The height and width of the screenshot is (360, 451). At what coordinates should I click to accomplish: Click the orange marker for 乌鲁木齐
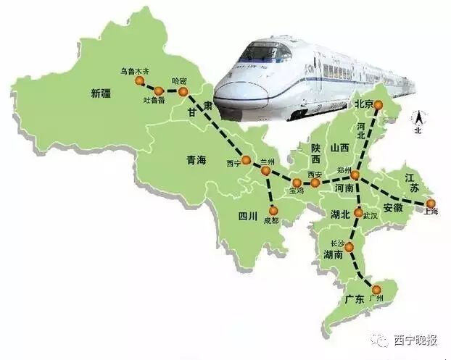[141, 82]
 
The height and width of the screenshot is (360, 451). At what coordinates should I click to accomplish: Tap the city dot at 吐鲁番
[159, 91]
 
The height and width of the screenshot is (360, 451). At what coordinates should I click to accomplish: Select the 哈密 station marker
[183, 93]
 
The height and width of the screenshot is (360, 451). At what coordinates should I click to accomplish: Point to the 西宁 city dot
[246, 160]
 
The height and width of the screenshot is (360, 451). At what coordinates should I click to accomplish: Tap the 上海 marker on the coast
[431, 203]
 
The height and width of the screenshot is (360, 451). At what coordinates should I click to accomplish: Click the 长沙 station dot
[349, 247]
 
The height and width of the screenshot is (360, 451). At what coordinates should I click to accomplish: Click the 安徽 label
[394, 207]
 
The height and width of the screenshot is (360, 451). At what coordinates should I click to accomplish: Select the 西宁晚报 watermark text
[415, 340]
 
